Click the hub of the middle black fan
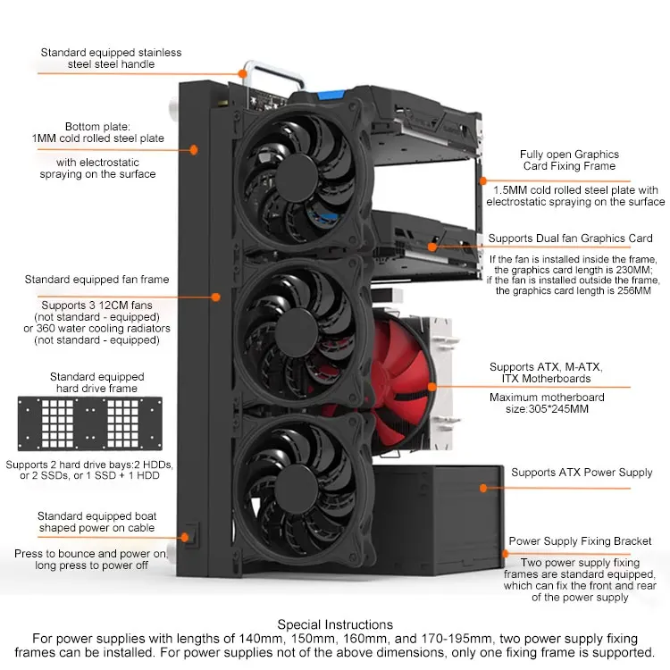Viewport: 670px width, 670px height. pos(297,332)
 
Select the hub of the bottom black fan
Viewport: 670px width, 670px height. pos(296,488)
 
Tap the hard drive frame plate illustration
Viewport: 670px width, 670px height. pos(89,423)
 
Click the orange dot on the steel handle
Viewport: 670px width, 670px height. pos(243,73)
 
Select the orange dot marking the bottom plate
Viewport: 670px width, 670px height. pos(194,150)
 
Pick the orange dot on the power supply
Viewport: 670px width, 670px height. pos(483,488)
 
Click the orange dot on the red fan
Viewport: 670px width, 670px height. pos(432,387)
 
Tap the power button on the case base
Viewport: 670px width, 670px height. pos(192,535)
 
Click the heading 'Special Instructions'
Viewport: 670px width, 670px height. pos(335,624)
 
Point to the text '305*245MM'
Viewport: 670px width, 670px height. pos(558,409)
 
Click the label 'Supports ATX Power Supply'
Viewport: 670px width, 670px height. pos(582,473)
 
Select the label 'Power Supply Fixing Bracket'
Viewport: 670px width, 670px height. pos(580,541)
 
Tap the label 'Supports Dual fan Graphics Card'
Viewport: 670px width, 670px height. pos(571,239)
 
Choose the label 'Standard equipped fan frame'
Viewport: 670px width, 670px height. pos(97,280)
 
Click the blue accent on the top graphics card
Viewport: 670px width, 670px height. pos(331,94)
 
